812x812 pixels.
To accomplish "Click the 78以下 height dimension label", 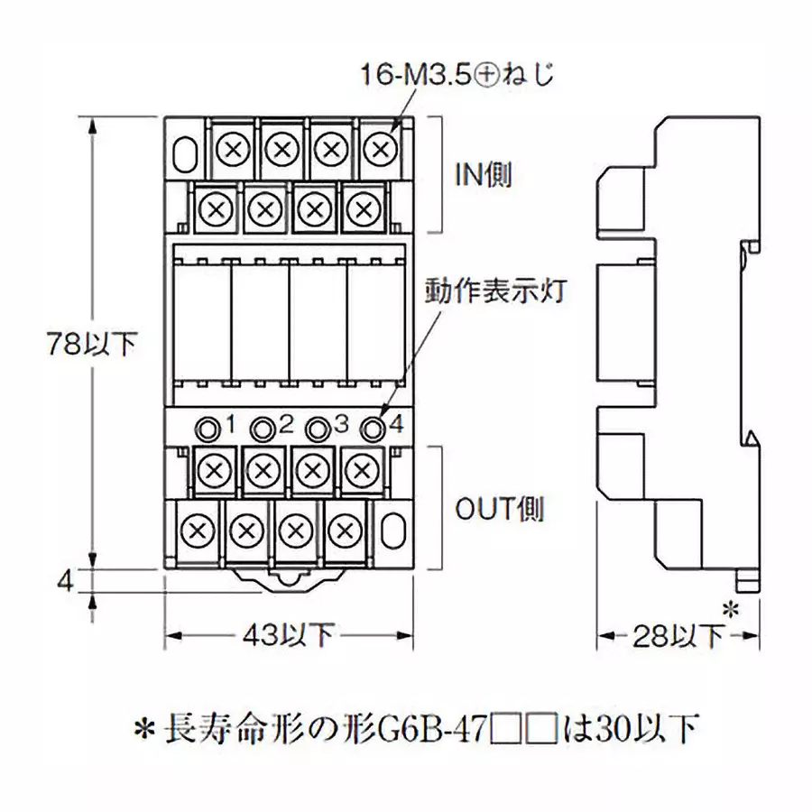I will click(x=91, y=343).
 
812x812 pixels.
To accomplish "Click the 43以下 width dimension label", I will click(x=290, y=636).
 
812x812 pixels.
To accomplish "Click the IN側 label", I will click(x=482, y=174).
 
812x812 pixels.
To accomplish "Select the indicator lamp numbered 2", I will click(x=263, y=427).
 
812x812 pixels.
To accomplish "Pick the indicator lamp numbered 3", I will click(x=317, y=427).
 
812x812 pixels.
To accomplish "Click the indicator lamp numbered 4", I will click(x=371, y=427).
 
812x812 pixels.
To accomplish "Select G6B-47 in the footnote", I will click(x=433, y=727).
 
